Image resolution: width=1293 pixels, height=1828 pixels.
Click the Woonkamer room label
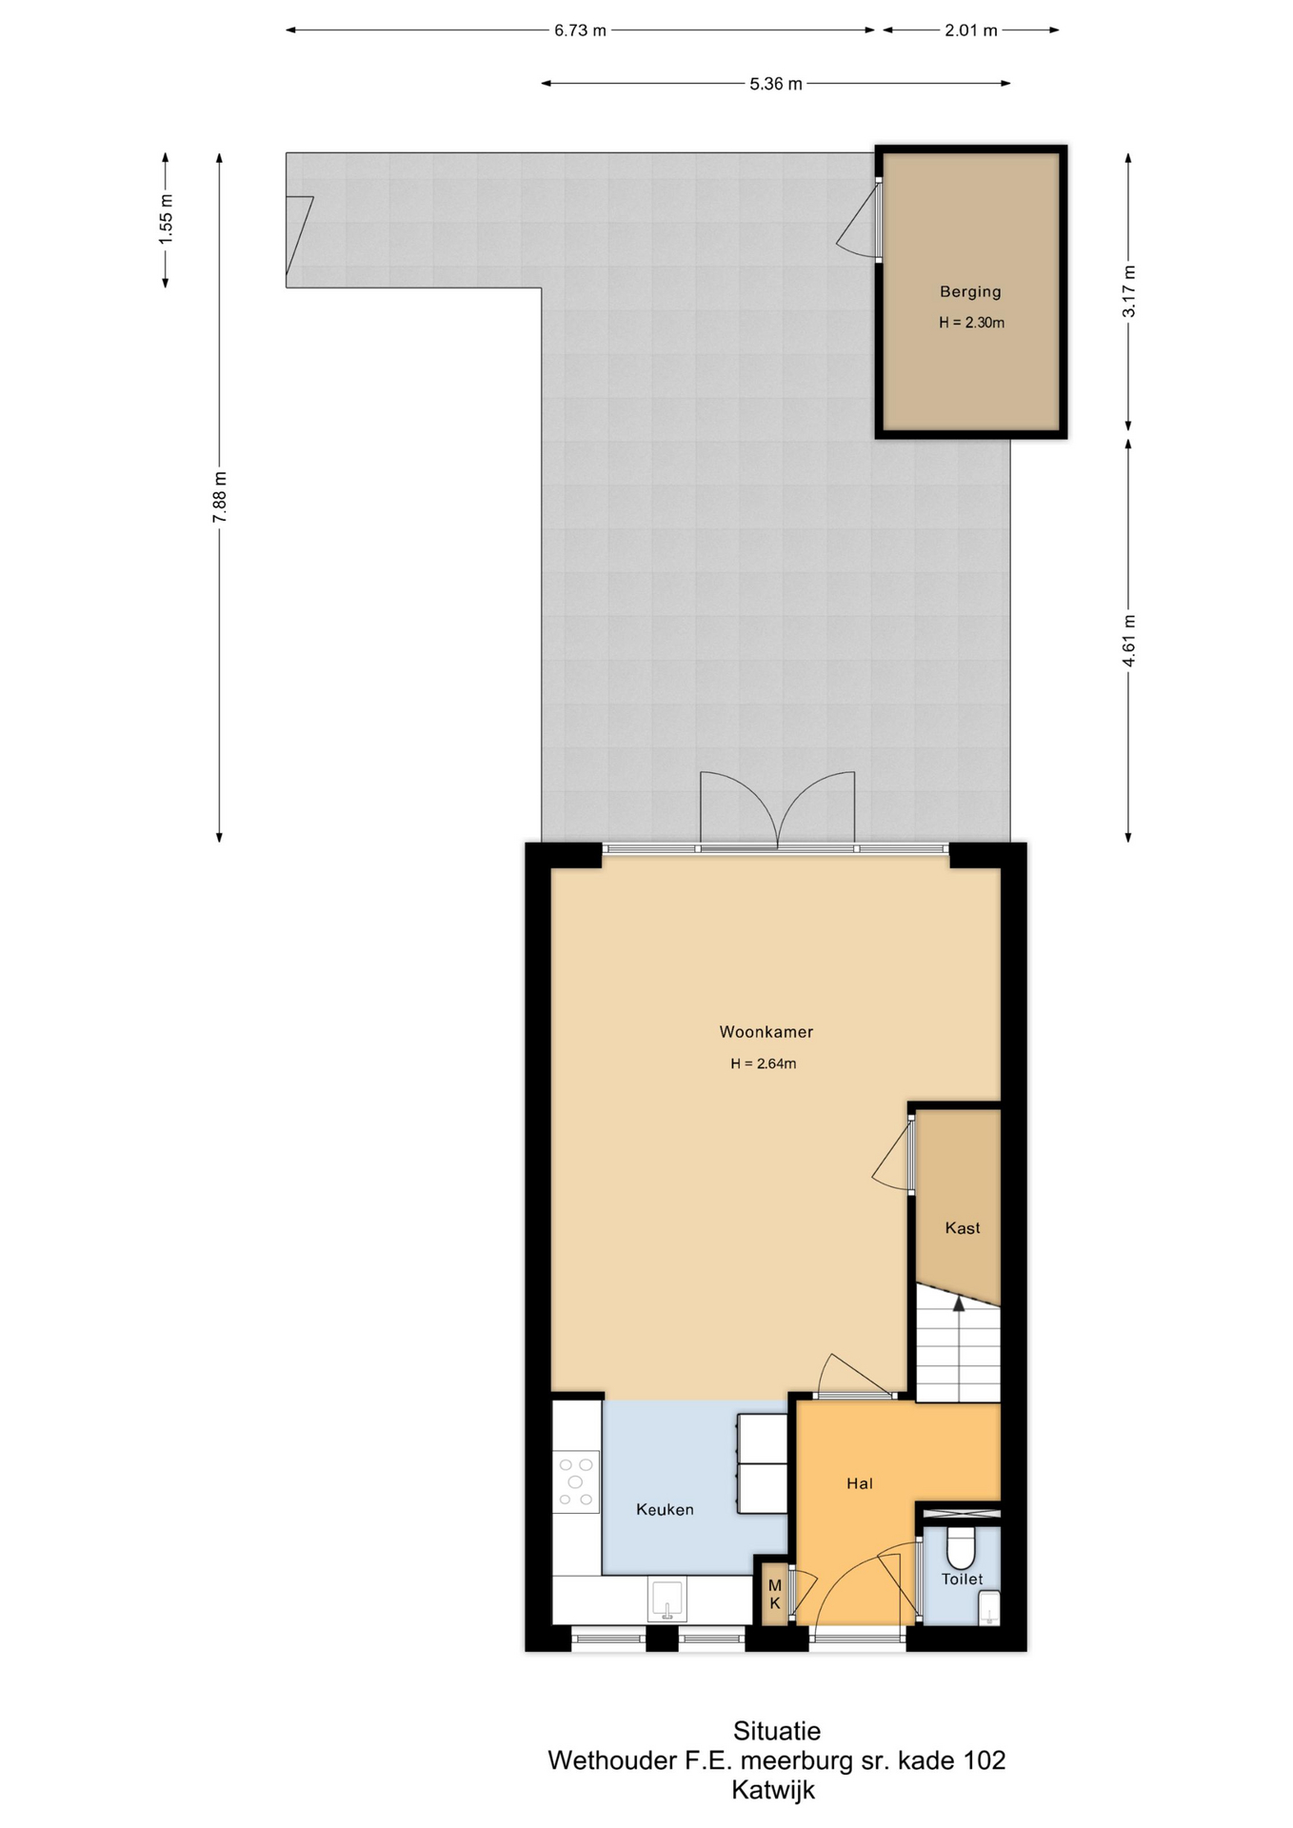click(x=766, y=1031)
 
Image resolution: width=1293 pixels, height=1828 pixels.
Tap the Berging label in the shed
click(x=970, y=292)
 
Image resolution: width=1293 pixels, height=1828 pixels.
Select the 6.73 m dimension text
click(x=580, y=30)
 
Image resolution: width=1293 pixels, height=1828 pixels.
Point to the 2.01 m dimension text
click(x=971, y=30)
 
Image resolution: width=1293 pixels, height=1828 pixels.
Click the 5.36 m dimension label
click(x=776, y=84)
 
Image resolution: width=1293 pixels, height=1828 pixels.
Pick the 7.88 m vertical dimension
click(x=220, y=497)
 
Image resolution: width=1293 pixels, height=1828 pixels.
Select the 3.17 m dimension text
click(x=1129, y=291)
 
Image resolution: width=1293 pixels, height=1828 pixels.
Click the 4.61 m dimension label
click(x=1129, y=642)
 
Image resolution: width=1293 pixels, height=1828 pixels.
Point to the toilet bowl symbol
click(x=961, y=1547)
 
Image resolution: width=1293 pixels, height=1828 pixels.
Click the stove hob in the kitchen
click(x=575, y=1481)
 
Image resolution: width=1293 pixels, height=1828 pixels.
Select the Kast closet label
click(x=963, y=1228)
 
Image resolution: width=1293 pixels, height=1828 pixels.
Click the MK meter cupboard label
click(x=775, y=1594)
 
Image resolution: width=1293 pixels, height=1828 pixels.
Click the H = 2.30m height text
click(x=971, y=323)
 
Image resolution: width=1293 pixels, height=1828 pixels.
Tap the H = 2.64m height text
click(x=764, y=1063)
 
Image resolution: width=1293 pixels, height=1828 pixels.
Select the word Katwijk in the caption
click(x=773, y=1790)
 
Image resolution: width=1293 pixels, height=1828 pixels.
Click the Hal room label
click(x=860, y=1483)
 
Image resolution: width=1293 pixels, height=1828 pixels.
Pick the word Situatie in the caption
click(x=777, y=1730)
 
